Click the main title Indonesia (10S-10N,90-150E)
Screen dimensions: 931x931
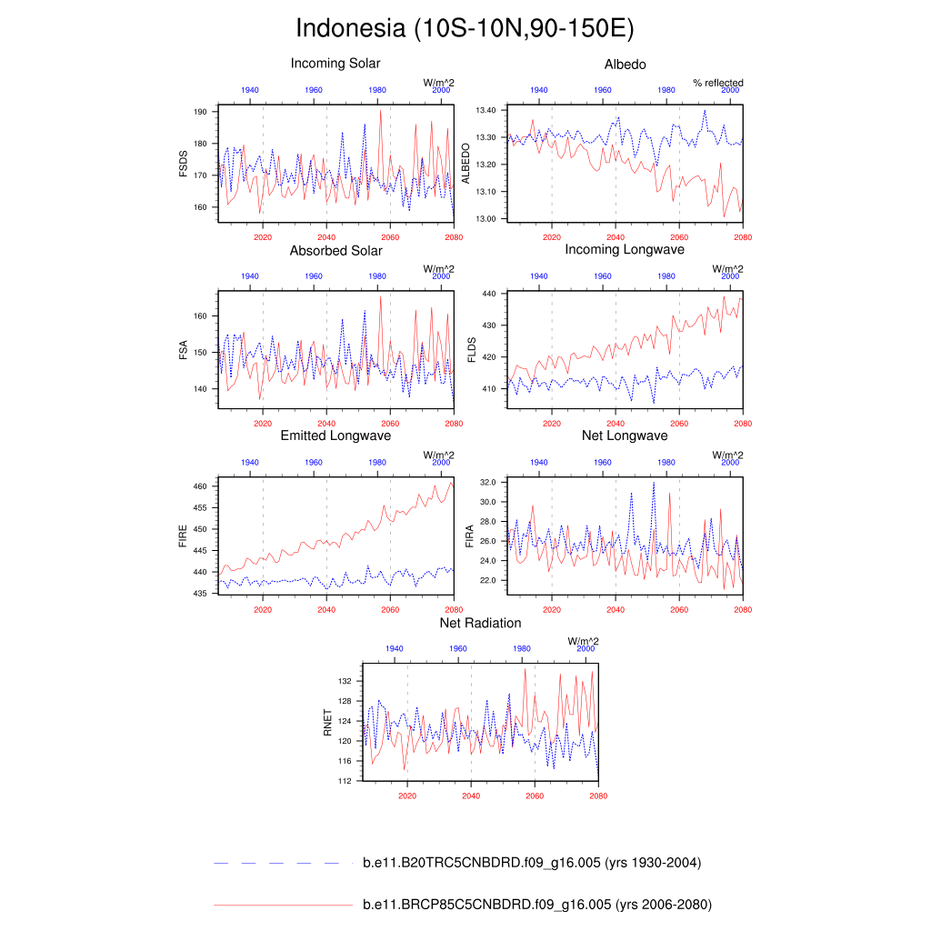tap(465, 28)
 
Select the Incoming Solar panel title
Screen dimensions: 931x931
tap(335, 64)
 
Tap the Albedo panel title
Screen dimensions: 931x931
tap(626, 64)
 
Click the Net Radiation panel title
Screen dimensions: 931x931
tap(480, 623)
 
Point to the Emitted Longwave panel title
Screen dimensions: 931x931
tap(335, 436)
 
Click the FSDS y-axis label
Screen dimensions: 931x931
tap(183, 164)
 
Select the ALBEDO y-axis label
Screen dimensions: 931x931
tap(467, 164)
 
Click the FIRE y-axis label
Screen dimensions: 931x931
tap(183, 536)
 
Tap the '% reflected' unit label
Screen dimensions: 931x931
tap(717, 83)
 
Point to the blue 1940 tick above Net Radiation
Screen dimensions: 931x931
tap(395, 649)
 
